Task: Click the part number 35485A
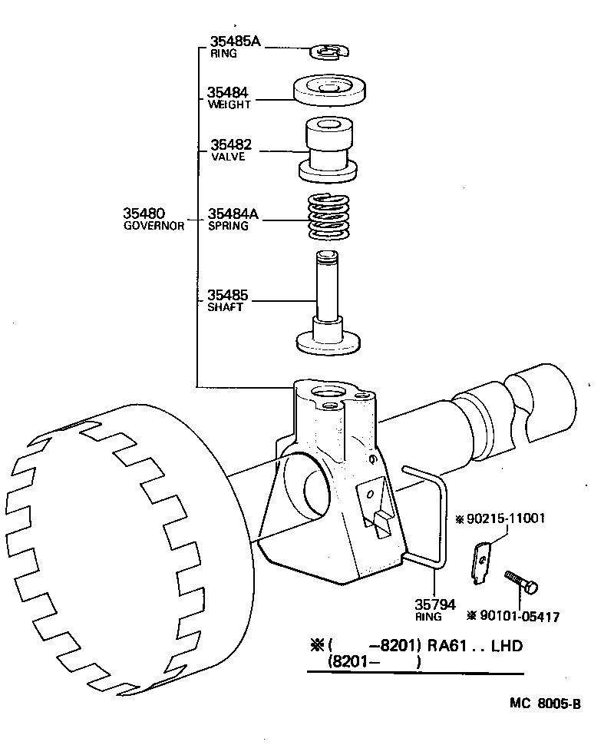235,41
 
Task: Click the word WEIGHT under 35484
229,104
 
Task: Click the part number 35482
230,144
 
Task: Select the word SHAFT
225,307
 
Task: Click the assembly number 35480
144,213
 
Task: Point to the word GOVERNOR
153,227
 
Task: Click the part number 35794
435,605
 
